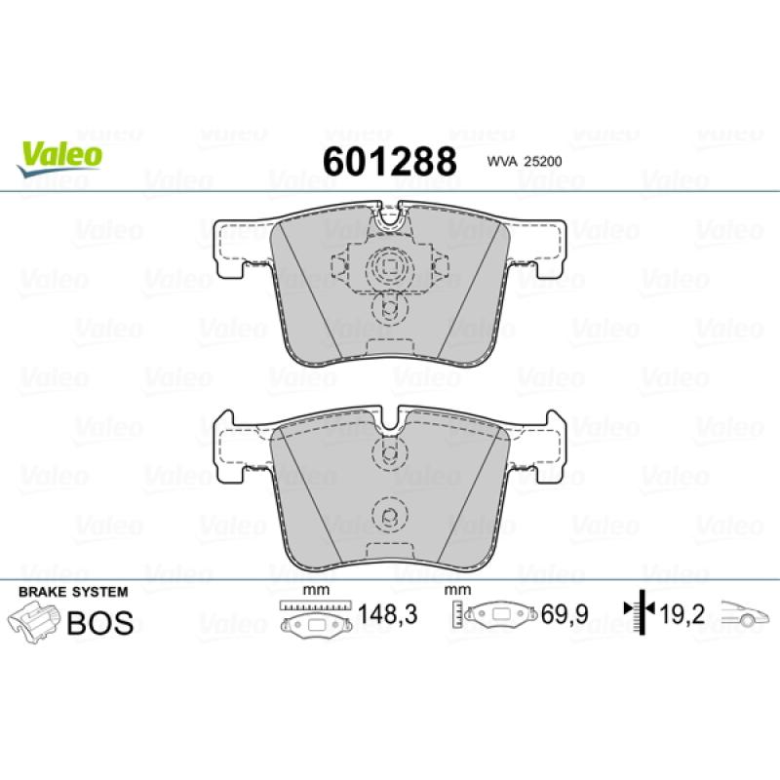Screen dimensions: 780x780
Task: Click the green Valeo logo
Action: click(x=59, y=158)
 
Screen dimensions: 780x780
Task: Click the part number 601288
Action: click(x=389, y=162)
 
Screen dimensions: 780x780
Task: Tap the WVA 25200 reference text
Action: click(x=525, y=161)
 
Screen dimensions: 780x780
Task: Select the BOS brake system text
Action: click(x=100, y=622)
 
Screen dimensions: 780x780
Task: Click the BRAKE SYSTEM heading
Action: click(x=73, y=592)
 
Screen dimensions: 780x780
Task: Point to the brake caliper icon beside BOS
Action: click(x=33, y=622)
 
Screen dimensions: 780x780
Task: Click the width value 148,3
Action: click(x=387, y=614)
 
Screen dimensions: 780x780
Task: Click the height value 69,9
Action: click(x=565, y=614)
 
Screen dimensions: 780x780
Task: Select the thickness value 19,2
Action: click(x=682, y=614)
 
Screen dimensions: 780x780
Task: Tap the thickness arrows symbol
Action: click(x=640, y=612)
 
